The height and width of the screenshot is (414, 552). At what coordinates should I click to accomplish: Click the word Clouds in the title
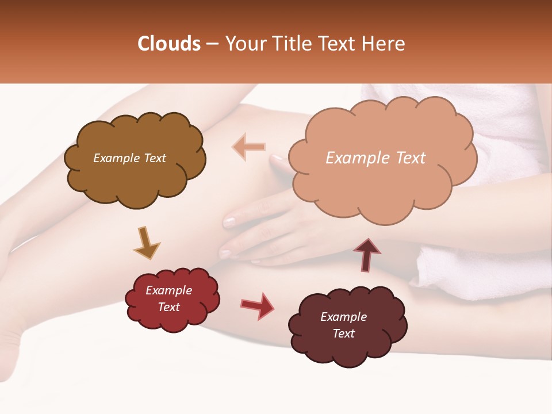coord(169,44)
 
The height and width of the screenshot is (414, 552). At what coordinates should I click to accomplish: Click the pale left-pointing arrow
coord(249,147)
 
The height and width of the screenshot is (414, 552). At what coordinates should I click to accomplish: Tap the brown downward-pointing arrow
coord(146,242)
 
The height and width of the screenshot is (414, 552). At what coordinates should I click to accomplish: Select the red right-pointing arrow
coord(257,305)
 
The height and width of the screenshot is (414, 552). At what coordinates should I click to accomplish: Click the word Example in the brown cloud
coord(116,158)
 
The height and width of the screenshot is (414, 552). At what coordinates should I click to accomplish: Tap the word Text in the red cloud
coord(169,307)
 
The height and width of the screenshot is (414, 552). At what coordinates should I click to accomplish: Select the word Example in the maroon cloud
coord(343,317)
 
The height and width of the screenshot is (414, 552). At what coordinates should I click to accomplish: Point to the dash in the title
coord(212,44)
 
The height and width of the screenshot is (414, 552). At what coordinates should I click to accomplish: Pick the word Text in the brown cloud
coord(154,158)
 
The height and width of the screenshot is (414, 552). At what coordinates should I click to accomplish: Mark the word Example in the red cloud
coord(169,290)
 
